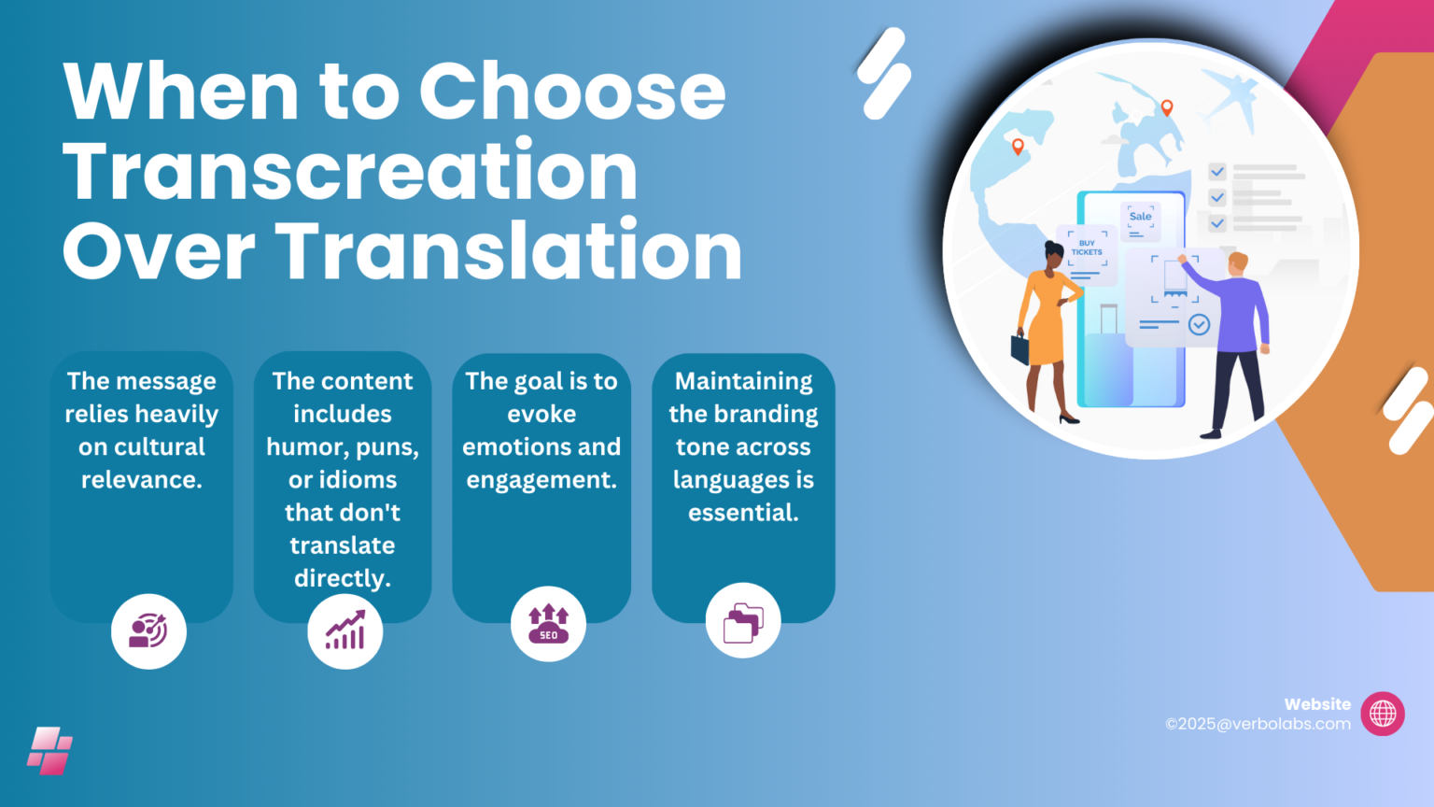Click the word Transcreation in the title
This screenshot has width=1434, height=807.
(x=350, y=172)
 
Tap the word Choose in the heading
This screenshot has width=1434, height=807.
(x=572, y=92)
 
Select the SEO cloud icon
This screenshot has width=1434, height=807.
(x=548, y=624)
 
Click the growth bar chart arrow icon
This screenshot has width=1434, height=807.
(x=344, y=631)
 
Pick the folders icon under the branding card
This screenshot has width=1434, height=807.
(x=743, y=621)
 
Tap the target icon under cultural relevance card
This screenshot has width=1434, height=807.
(x=148, y=631)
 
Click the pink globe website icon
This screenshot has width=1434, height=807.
(x=1383, y=715)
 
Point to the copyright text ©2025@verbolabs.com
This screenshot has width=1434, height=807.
(x=1258, y=724)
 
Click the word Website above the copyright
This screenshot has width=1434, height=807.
(x=1317, y=704)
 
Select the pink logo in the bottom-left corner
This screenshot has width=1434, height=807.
(x=49, y=751)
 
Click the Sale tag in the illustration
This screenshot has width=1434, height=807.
(x=1140, y=217)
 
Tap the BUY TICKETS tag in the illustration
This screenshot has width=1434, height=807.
(x=1087, y=248)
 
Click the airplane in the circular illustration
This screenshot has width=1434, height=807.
(x=1230, y=97)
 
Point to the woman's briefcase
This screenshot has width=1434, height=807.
(x=1020, y=348)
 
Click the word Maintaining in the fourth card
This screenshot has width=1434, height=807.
(x=743, y=381)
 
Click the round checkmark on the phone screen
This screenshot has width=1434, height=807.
(x=1199, y=324)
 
